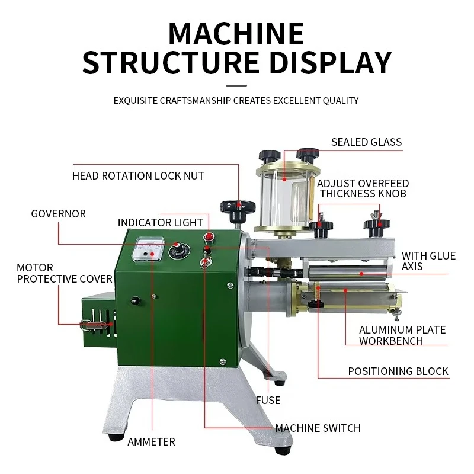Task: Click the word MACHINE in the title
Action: point(236,34)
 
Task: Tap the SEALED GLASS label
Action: point(366,142)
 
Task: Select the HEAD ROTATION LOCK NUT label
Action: point(138,175)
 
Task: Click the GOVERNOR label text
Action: point(58,214)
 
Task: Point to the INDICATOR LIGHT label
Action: point(160,223)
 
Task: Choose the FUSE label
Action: point(268,401)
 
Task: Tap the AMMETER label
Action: point(151,441)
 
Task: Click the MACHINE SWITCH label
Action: point(318,428)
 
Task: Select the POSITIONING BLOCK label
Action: point(398,371)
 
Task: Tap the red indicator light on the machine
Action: point(209,238)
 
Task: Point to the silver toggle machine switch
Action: point(204,262)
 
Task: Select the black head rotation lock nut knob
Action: point(238,211)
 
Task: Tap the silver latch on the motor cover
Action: point(94,325)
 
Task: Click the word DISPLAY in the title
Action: point(331,63)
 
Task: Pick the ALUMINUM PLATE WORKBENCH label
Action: point(402,335)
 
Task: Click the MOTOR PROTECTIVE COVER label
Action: point(65,273)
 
